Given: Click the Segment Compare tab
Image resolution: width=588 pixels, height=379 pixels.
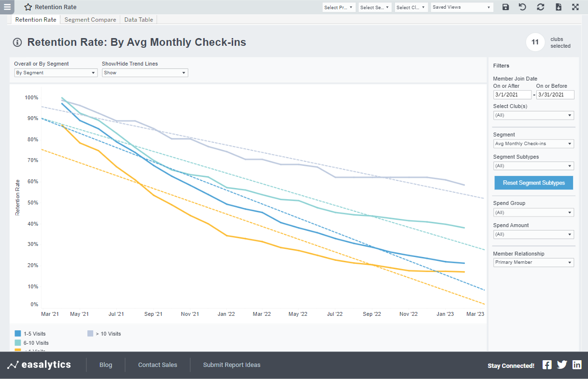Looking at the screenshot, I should (90, 20).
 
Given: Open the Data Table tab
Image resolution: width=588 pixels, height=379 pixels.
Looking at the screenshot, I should (139, 20).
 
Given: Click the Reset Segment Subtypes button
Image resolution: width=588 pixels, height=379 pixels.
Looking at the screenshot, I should (533, 183).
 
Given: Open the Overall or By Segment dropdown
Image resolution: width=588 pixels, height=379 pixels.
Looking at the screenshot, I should (56, 73).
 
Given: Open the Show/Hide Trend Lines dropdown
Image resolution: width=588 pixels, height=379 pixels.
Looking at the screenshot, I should (145, 73).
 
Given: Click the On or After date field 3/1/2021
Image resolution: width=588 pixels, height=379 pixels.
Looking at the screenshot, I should (512, 95).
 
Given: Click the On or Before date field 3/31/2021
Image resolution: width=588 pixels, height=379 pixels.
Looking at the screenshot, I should (555, 95).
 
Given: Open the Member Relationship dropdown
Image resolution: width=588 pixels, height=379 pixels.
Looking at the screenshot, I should (533, 262).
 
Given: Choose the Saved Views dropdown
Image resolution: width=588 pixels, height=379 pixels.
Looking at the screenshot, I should (462, 7).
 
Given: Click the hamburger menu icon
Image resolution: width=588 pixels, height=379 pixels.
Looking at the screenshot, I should (7, 7).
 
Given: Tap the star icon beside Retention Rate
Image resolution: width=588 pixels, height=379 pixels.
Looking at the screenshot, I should (28, 7).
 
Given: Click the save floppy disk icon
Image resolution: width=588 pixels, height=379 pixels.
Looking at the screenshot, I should (505, 7).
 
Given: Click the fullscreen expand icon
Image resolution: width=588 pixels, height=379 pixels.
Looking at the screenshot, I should (575, 7).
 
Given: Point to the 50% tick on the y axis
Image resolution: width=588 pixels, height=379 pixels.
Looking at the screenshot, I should (31, 203).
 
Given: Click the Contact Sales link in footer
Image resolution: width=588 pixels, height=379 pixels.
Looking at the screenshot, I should (157, 365).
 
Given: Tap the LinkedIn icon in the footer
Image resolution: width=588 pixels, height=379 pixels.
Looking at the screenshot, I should (577, 365).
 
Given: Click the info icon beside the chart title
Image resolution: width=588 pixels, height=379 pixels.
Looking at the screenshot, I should (17, 42).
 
